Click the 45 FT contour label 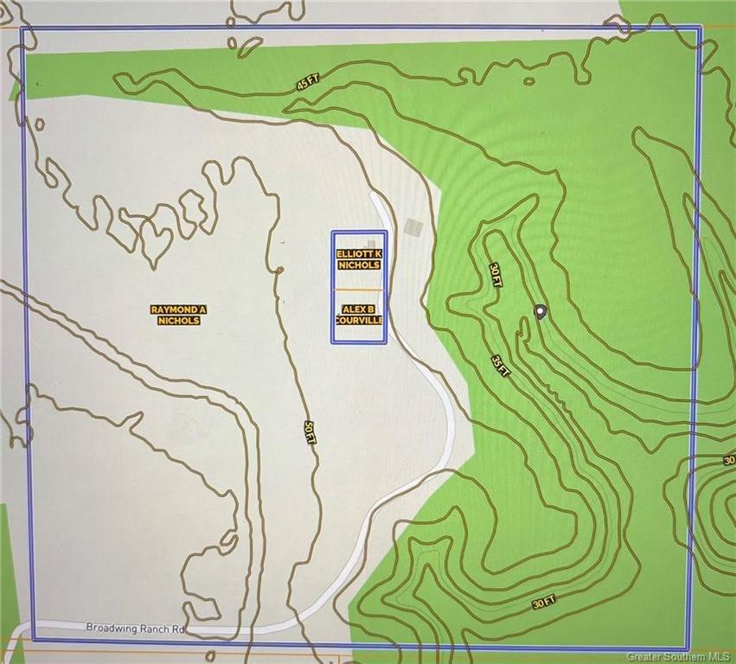307,84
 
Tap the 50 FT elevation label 309,431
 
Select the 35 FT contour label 500,365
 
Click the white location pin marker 541,311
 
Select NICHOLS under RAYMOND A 179,321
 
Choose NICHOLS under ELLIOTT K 359,265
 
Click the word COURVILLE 359,319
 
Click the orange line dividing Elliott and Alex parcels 359,289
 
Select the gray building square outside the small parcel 415,227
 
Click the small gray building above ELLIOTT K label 370,243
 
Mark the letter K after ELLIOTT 379,253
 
